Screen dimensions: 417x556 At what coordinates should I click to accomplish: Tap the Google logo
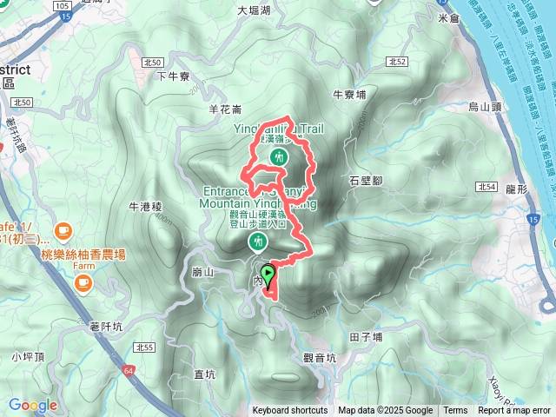(33, 405)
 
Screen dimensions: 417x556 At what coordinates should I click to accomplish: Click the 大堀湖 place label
(254, 11)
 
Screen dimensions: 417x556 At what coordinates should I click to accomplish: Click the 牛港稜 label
(145, 207)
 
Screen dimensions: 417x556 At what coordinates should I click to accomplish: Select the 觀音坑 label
(320, 357)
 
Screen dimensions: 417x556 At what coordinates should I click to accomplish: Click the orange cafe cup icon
(63, 230)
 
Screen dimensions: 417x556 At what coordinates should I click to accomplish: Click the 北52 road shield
(398, 62)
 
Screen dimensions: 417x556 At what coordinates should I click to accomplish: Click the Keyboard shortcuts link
(290, 411)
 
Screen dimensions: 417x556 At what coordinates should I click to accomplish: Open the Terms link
(455, 411)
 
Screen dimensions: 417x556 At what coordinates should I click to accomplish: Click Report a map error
(515, 411)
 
